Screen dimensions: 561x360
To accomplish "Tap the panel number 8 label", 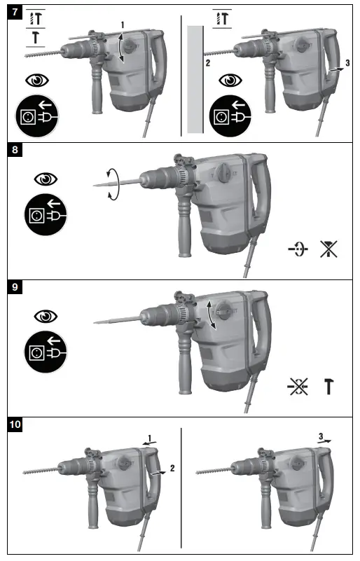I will [15, 150].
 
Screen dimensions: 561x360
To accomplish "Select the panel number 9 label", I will [15, 286].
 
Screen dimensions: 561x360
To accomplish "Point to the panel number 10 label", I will [18, 423].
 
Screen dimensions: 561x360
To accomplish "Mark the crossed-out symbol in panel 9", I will [298, 386].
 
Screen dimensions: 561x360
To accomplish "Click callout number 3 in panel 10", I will [320, 436].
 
